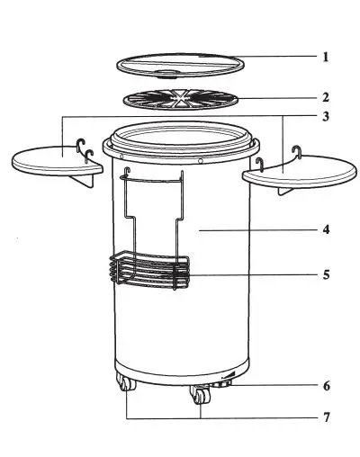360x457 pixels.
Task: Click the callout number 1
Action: (326, 56)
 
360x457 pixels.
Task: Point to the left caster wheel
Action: (125, 387)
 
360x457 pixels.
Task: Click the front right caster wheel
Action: (198, 397)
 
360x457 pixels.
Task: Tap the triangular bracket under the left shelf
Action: (86, 183)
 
